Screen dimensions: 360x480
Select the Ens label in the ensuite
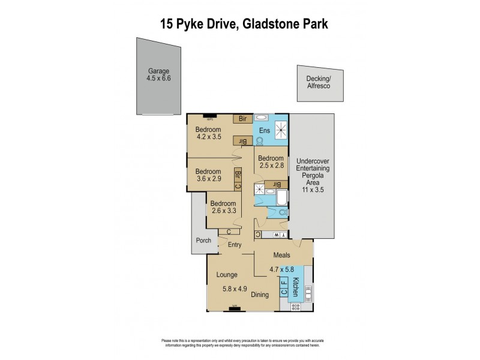point(264,130)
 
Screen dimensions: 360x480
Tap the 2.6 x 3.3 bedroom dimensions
point(223,211)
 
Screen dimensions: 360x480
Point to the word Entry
point(235,245)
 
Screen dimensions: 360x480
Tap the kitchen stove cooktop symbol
point(295,307)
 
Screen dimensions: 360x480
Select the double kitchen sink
point(308,293)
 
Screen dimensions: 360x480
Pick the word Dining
point(260,295)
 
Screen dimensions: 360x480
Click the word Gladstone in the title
point(273,24)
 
